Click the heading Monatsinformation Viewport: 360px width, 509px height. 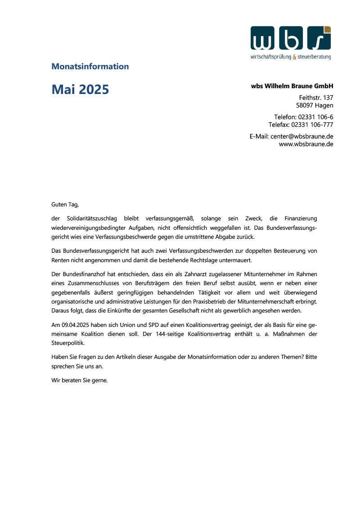[90, 67]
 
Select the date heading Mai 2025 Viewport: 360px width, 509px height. [80, 89]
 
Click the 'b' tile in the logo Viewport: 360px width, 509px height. [291, 38]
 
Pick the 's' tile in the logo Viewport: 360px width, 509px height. [319, 38]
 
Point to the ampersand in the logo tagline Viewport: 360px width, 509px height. [294, 57]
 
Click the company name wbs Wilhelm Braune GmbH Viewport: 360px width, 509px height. [292, 86]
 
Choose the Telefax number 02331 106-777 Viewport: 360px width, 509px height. [312, 125]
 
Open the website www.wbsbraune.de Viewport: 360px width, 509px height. [306, 144]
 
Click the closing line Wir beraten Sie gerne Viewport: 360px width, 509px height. [80, 380]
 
